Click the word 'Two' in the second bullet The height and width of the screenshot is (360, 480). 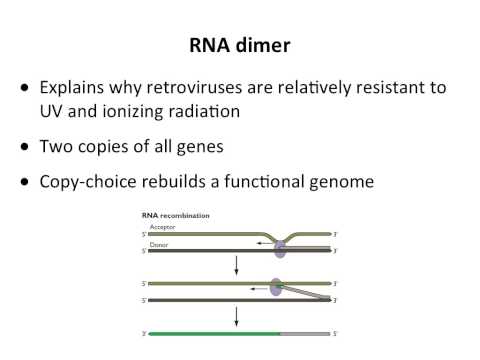[x=57, y=146]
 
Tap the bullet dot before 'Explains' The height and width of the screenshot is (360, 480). [x=24, y=89]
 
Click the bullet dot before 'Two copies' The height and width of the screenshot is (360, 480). [x=24, y=147]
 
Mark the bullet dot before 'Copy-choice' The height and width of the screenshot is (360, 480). [x=24, y=182]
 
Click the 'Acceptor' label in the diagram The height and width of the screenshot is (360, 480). [x=161, y=228]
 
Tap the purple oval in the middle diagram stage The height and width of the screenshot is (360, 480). [x=276, y=288]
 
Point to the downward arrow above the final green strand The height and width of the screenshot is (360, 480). [x=235, y=316]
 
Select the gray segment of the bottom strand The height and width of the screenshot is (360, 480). [x=304, y=333]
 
